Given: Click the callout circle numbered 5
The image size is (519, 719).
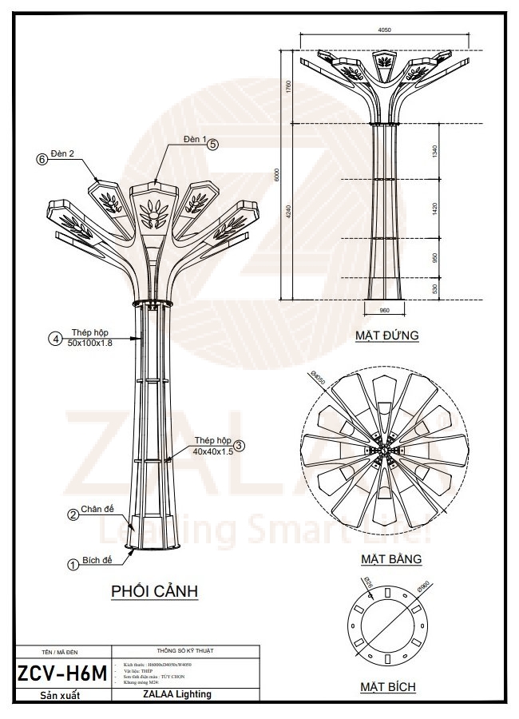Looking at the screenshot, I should pos(212,145).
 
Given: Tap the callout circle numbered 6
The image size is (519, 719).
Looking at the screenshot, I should pos(42,159).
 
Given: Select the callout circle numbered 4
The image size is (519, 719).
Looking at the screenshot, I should pos(56,339).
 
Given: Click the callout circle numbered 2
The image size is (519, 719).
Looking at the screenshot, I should pos(72,515).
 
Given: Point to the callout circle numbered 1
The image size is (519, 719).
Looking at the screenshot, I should pos(72,564).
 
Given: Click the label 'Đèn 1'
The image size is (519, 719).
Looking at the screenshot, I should pos(194,139).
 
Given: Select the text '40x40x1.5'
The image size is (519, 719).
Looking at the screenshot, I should pos(212,451).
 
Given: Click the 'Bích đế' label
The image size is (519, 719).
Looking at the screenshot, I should pos(97,561).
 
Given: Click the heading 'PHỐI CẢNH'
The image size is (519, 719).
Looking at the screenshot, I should pos(154,592).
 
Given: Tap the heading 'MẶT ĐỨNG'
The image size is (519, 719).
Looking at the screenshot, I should pos(387,336).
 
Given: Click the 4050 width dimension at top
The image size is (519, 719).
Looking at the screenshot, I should pos(383,30).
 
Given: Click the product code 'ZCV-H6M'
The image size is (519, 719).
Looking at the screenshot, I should pos(61,673).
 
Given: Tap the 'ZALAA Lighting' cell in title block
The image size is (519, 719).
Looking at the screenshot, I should pos(183,694).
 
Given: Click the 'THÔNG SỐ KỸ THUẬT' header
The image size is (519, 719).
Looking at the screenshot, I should pos(183,650).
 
